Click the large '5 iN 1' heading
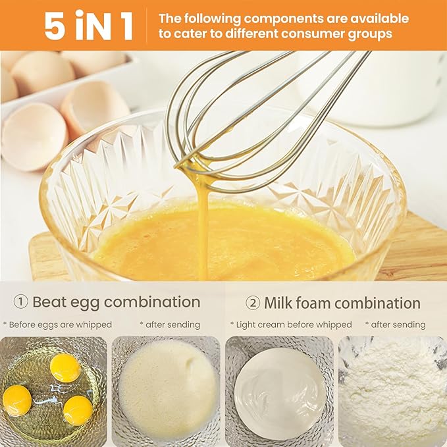pyautogui.click(x=89, y=25)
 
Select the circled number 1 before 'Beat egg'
pyautogui.click(x=21, y=302)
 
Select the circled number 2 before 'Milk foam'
pyautogui.click(x=253, y=303)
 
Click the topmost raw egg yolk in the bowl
pyautogui.click(x=65, y=367)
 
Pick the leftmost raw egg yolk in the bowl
pyautogui.click(x=17, y=400)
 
